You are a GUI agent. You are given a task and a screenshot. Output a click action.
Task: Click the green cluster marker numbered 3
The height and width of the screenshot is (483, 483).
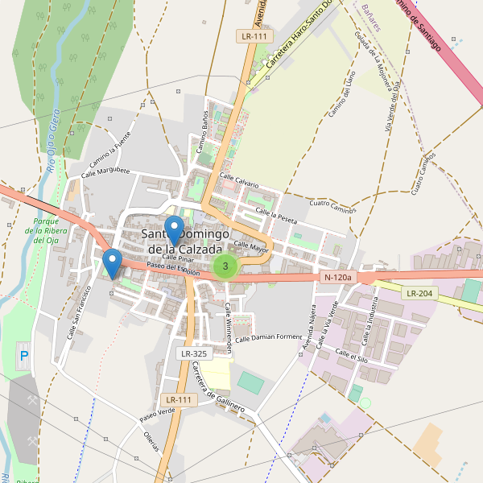[x=225, y=266]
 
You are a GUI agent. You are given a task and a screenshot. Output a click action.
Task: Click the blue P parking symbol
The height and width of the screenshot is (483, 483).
[x=23, y=355]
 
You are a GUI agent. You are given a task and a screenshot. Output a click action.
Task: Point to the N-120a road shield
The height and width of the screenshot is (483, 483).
[x=338, y=278]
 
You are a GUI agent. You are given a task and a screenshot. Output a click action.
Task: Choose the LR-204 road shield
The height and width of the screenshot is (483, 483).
[x=420, y=293]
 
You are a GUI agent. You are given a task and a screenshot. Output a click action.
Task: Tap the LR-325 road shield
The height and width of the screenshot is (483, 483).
[x=194, y=353]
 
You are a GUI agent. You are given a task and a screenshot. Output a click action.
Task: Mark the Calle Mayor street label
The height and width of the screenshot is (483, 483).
[x=250, y=246]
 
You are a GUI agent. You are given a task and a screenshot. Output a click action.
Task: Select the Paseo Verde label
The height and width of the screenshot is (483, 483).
[x=157, y=415]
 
